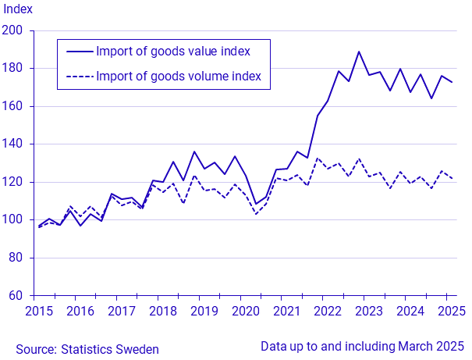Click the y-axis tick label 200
tap(16, 30)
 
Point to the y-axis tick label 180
tap(16, 69)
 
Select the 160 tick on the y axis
tap(16, 106)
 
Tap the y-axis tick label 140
tap(16, 144)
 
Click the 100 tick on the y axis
tap(16, 220)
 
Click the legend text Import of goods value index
tap(172, 52)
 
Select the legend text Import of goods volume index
tap(177, 77)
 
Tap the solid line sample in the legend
tap(79, 52)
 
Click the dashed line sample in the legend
tap(79, 77)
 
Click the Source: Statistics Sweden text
tap(87, 349)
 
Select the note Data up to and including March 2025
tap(362, 346)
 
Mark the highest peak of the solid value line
tap(359, 52)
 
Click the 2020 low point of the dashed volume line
tap(255, 214)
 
